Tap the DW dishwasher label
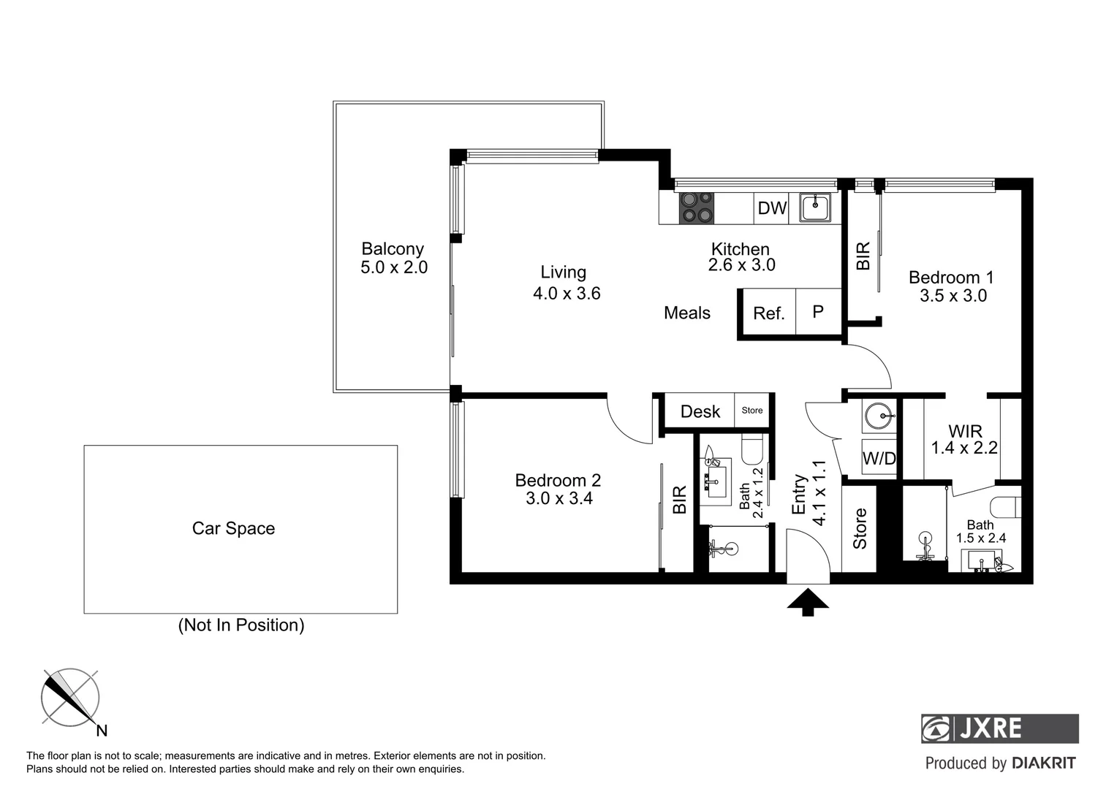coord(771,208)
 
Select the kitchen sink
coord(815,207)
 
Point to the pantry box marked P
coord(818,312)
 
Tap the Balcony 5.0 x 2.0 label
coord(393,258)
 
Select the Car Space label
coord(233,528)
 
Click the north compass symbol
coord(70,698)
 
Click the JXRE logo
coord(999,728)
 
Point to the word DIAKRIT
coord(1044,763)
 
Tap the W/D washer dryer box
coord(879,458)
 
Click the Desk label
coord(700,411)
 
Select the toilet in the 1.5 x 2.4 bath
coord(1006,506)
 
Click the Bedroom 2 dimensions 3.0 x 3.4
coord(558,499)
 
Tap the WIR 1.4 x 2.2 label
coord(964,439)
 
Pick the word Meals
coord(686,313)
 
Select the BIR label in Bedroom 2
coord(679,500)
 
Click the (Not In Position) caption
coord(241,625)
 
